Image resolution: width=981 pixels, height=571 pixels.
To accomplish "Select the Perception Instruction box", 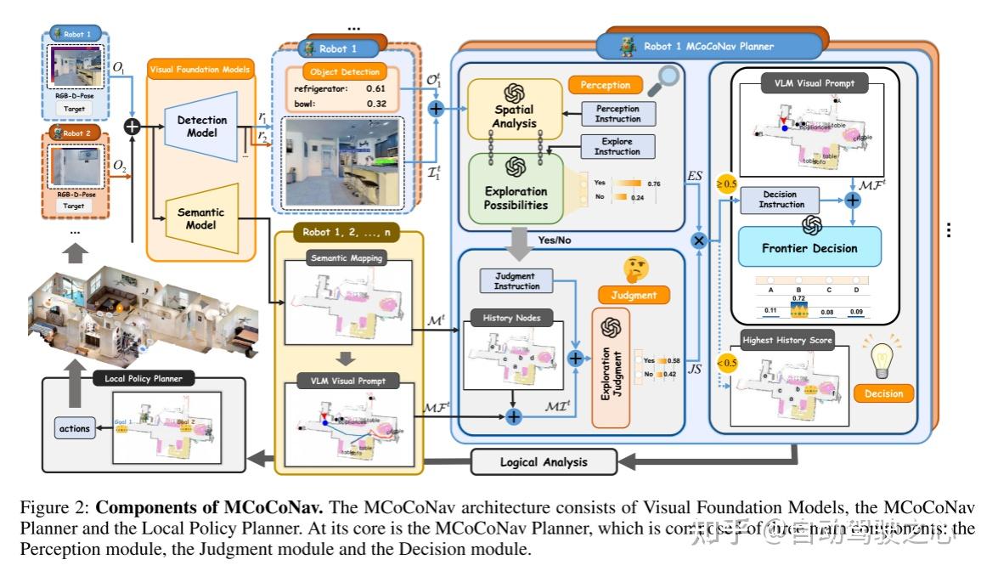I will tap(617, 114).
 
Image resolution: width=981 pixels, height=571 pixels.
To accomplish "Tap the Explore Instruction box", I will tap(617, 146).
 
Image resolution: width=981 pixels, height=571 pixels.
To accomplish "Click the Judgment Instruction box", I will tap(517, 280).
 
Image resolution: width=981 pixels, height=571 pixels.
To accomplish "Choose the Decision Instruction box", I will tap(781, 200).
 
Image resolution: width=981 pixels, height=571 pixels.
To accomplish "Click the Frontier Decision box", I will tap(809, 248).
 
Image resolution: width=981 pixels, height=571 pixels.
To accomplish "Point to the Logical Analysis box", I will tap(543, 462).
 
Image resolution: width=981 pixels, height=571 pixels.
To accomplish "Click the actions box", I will tap(74, 429).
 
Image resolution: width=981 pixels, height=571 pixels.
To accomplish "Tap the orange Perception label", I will tap(606, 85).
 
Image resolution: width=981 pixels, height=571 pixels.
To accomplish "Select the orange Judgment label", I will tap(633, 296).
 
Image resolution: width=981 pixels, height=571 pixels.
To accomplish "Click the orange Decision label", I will tap(884, 393).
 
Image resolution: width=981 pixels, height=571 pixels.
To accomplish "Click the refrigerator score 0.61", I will tap(375, 88).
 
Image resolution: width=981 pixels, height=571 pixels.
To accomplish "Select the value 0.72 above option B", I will tap(798, 299).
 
